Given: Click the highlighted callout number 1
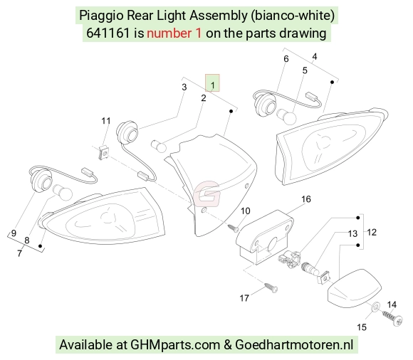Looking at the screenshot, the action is (213, 85).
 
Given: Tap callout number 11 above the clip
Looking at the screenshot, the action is (106, 121).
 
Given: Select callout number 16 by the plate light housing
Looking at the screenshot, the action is (306, 199).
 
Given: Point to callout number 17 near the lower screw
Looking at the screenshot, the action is (244, 298).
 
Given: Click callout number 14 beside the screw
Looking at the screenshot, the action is (392, 305).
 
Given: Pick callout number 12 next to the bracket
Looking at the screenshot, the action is (372, 232).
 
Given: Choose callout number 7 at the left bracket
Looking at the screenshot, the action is (19, 253).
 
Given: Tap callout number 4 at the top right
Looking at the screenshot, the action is (315, 57).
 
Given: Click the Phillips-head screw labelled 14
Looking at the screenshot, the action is (392, 317).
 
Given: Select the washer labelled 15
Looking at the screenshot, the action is (375, 307).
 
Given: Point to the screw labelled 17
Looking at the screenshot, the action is (271, 287).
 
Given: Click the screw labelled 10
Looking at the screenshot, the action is (233, 228).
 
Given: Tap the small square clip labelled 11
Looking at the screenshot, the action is (104, 152).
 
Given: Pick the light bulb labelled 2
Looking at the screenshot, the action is (159, 146).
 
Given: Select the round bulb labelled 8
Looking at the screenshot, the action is (63, 193).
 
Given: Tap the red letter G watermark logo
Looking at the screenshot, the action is (206, 194).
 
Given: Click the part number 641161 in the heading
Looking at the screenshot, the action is (108, 33).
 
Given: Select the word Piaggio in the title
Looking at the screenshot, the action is (101, 16).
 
